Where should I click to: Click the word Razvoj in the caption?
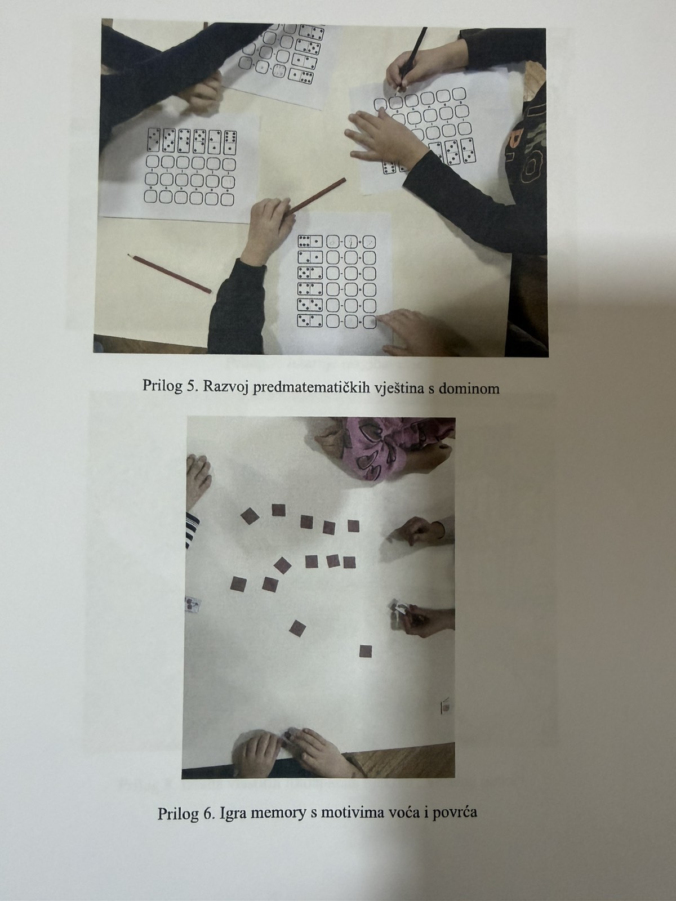pyautogui.click(x=224, y=386)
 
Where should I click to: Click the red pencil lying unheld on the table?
pyautogui.click(x=170, y=274)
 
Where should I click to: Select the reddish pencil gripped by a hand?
pyautogui.click(x=316, y=196)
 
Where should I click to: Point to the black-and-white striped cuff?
pyautogui.click(x=192, y=529)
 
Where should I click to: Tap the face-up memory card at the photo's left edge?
pyautogui.click(x=193, y=605)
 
